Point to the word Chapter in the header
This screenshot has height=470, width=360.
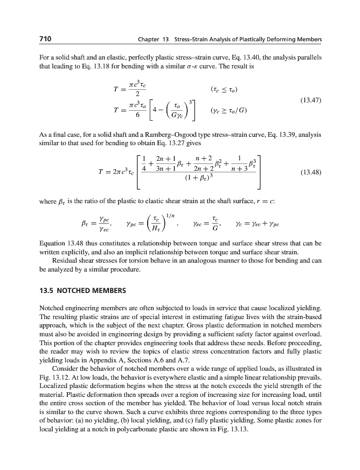tap(148, 40)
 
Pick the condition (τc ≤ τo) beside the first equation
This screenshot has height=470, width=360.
tap(225, 89)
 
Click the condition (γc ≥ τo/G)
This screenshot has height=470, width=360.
tap(228, 110)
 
